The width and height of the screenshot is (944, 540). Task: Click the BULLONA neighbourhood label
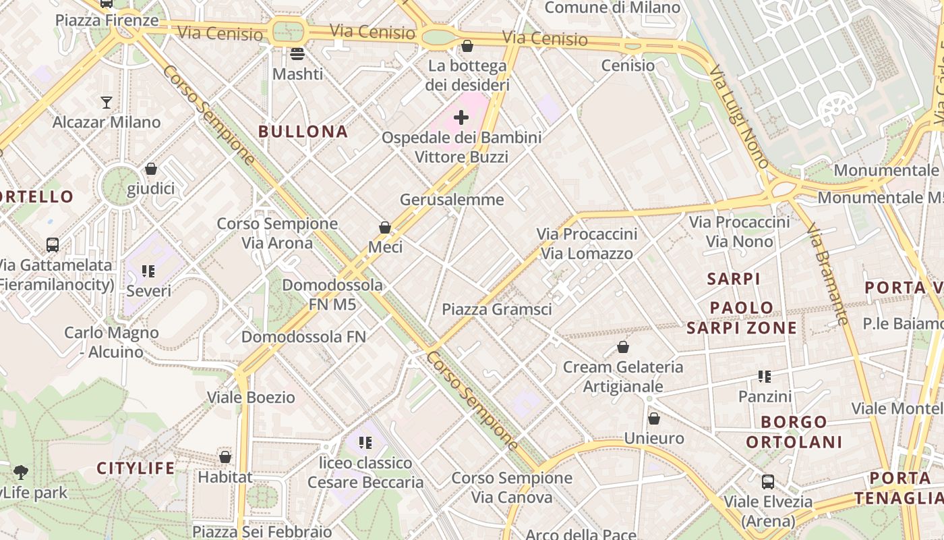(x=303, y=132)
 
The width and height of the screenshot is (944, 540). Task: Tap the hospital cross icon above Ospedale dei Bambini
(x=461, y=118)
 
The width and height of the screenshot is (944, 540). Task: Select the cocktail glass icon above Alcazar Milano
(x=107, y=103)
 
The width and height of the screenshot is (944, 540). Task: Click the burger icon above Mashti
(x=297, y=54)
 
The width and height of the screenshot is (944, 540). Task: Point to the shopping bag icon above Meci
(x=385, y=227)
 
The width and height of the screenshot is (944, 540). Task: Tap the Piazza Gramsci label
(x=497, y=309)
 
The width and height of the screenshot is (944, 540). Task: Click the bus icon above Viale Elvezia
(x=768, y=482)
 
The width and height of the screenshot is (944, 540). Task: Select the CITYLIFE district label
(x=136, y=468)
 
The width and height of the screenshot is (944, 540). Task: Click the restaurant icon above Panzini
(x=764, y=376)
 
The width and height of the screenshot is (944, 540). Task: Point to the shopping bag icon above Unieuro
(x=653, y=418)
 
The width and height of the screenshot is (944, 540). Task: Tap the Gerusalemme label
(x=452, y=200)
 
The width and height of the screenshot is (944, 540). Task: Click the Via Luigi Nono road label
(x=739, y=116)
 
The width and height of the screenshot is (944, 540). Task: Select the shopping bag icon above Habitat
(x=225, y=457)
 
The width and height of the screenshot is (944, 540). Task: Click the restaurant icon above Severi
(x=148, y=271)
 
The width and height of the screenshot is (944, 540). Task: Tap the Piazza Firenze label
(x=107, y=20)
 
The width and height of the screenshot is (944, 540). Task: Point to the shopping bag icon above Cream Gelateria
(x=623, y=347)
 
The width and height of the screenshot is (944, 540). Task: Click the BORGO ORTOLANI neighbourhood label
(x=794, y=432)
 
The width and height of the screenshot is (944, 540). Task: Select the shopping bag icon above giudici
(x=151, y=168)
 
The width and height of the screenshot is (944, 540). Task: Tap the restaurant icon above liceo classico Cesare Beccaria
(x=365, y=443)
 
